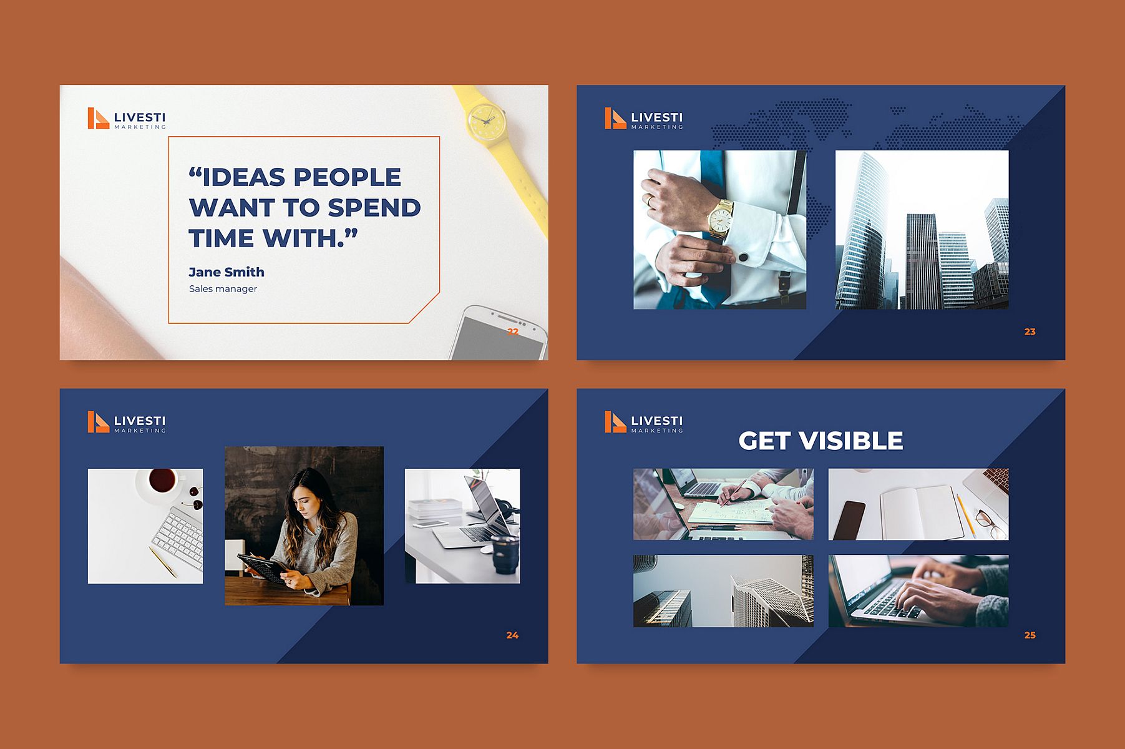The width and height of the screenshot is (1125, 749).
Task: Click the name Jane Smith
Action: coord(226,272)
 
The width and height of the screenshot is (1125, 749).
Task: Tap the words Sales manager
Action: coord(223,289)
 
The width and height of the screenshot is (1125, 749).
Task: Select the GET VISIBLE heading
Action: coord(821,441)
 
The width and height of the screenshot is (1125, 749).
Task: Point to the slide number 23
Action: coord(1030,332)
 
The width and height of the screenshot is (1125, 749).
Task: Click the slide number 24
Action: coord(512,635)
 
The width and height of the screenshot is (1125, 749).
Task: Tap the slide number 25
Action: coord(1030,635)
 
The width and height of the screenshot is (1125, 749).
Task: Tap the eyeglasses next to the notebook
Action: coord(990,524)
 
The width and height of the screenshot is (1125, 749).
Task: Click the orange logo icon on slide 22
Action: coord(98,119)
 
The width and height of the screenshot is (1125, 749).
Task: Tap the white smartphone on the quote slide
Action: coord(499,333)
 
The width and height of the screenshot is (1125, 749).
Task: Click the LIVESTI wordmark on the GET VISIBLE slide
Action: coord(656,421)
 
